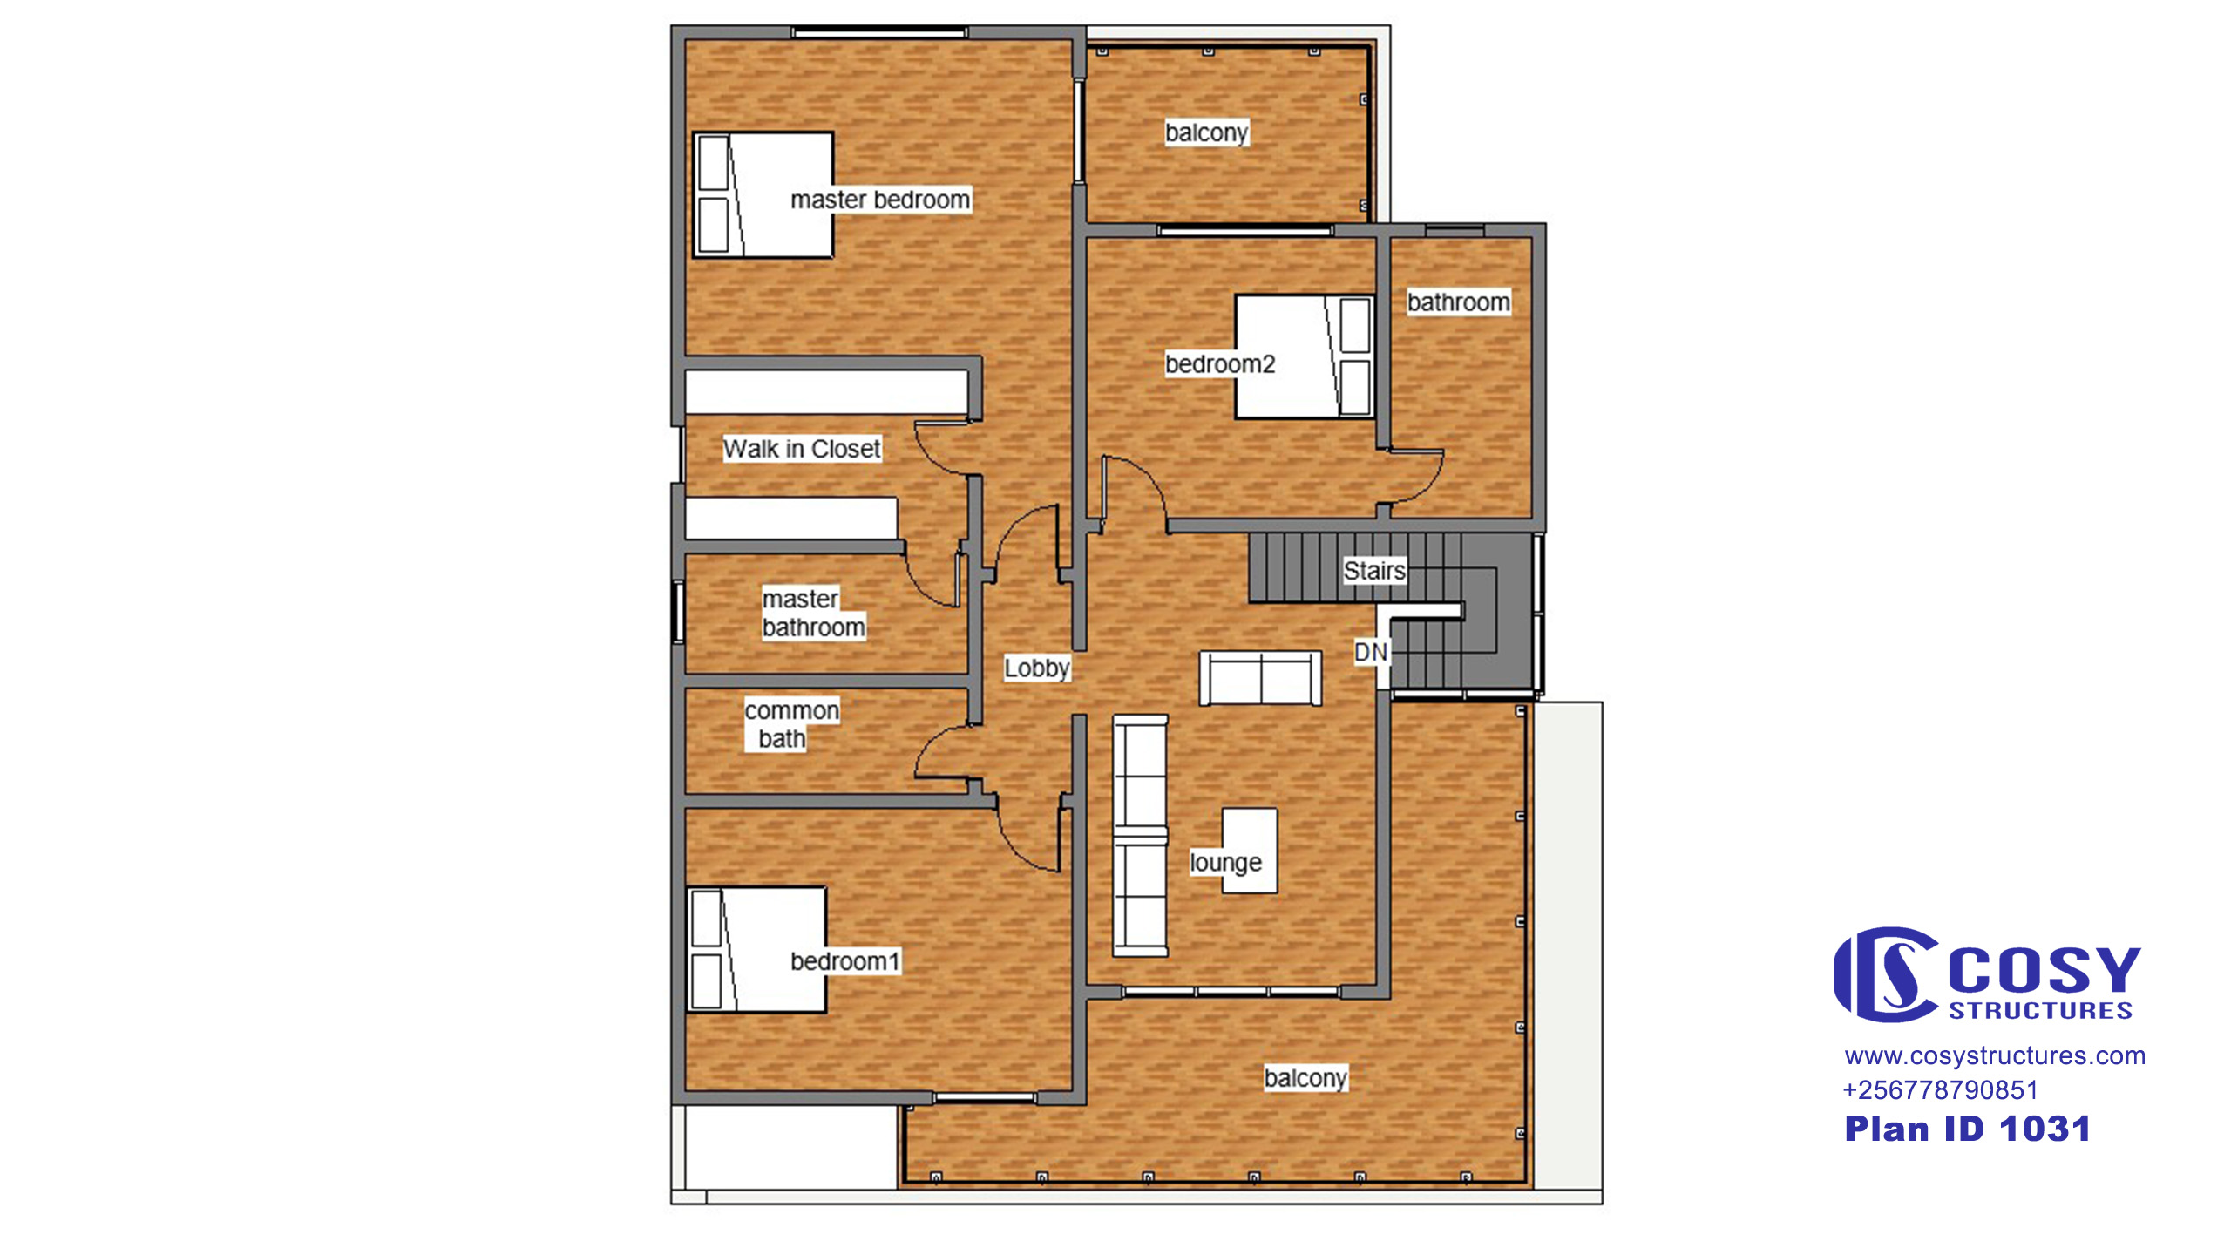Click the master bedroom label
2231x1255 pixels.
(x=879, y=200)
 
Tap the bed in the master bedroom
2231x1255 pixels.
(x=763, y=194)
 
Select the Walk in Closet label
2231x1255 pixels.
(x=802, y=449)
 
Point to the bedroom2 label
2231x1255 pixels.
(x=1219, y=363)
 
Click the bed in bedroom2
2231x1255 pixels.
(x=1305, y=356)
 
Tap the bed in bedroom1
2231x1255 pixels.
(x=756, y=950)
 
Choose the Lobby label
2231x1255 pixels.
(x=1036, y=668)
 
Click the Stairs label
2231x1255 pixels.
(x=1374, y=571)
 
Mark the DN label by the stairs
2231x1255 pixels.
(x=1370, y=652)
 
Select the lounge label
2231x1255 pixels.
(x=1225, y=863)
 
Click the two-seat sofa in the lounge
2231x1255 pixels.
(x=1260, y=678)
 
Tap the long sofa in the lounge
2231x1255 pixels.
(x=1140, y=837)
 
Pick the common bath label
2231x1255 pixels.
(x=791, y=724)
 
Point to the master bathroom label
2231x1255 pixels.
(x=813, y=613)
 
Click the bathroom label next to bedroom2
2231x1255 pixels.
(x=1458, y=302)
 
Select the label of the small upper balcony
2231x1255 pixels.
(x=1206, y=132)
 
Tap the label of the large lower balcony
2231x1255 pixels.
(x=1305, y=1078)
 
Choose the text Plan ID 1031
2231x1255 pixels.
(x=1967, y=1129)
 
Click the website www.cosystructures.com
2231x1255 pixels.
(x=1995, y=1055)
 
